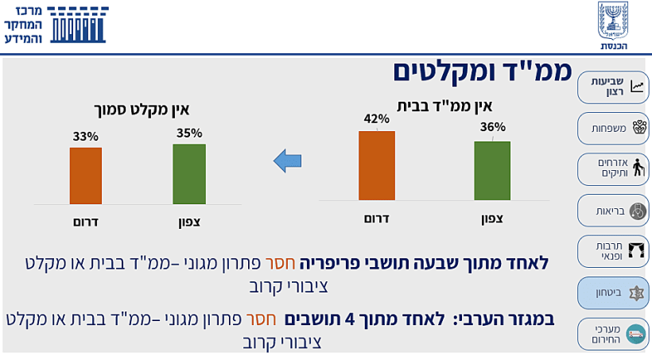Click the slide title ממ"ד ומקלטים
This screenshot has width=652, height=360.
(482, 72)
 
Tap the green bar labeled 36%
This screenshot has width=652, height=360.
(492, 170)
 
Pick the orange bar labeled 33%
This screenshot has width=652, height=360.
(85, 176)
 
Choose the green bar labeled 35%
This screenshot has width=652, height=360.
(188, 174)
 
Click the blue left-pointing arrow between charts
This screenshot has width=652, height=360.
(287, 161)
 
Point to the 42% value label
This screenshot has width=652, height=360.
(376, 119)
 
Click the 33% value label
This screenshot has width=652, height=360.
(85, 136)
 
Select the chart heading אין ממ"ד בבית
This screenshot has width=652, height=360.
(445, 105)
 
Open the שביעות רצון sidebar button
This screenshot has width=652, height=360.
(613, 87)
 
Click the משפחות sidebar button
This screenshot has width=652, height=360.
(613, 128)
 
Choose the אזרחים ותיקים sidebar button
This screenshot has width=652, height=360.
(613, 168)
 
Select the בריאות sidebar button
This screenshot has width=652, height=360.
(613, 211)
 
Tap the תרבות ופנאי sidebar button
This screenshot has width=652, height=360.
(613, 251)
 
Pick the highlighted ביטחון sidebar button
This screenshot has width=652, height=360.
(613, 292)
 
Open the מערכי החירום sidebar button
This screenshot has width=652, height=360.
(613, 334)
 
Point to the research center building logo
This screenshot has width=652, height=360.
(79, 25)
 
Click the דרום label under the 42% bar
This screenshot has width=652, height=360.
(376, 218)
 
